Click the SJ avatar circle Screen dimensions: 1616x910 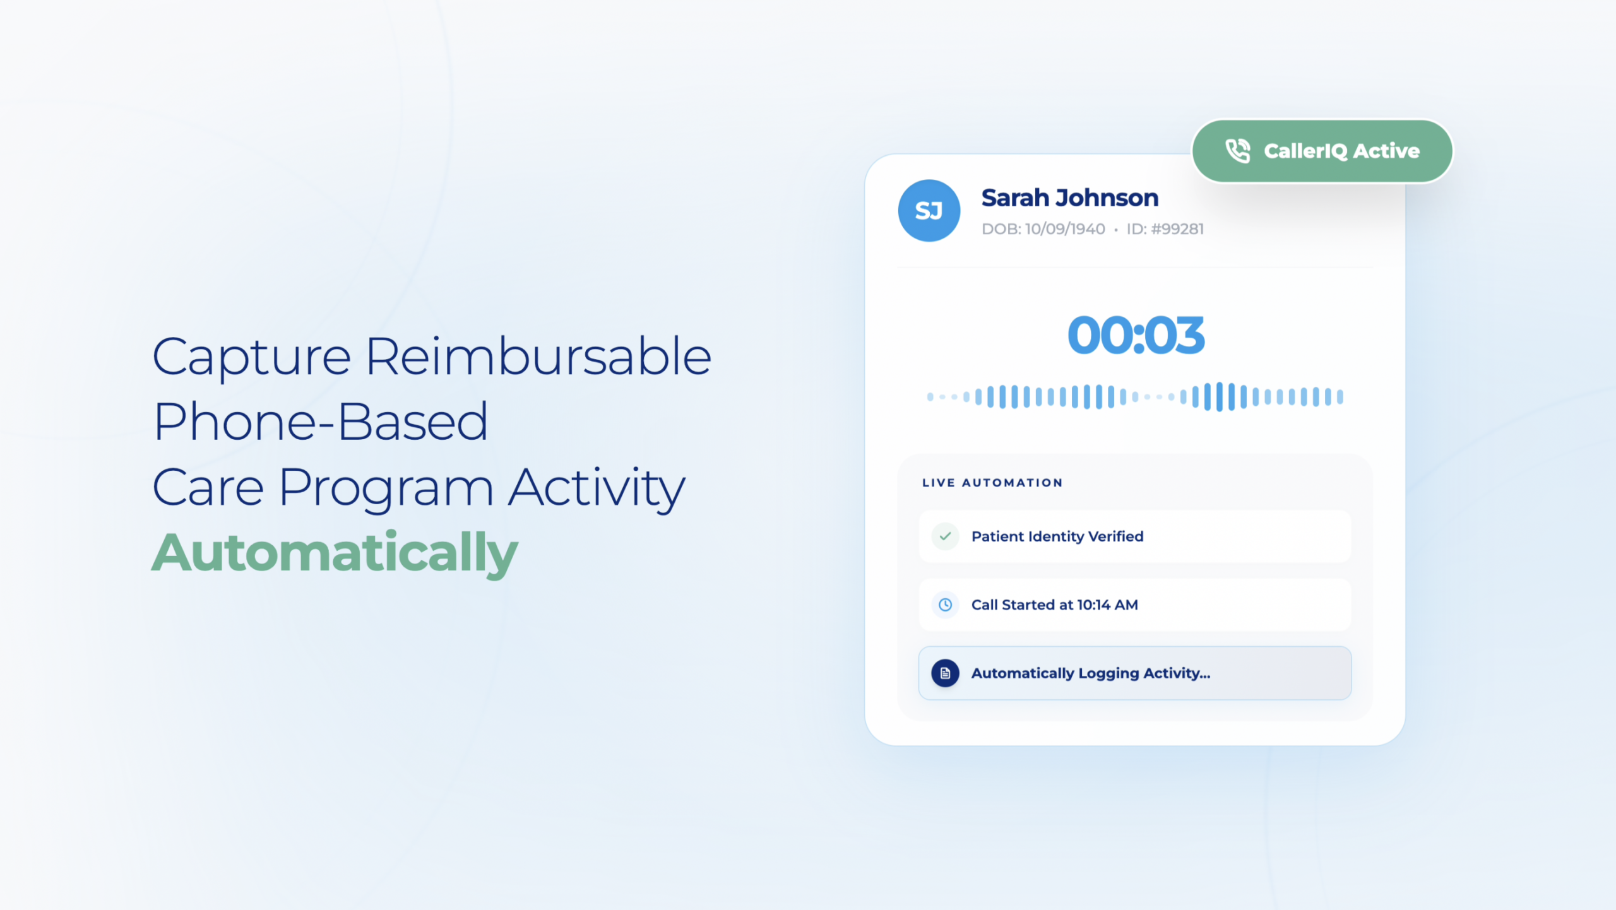pos(929,211)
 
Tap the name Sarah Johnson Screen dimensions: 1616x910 pos(1070,198)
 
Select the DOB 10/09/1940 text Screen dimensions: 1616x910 pos(1043,229)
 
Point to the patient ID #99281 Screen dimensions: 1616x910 pos(1165,229)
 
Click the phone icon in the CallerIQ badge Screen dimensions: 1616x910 pos(1237,151)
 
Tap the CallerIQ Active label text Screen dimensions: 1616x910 pos(1341,151)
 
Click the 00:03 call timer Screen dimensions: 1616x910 pos(1136,335)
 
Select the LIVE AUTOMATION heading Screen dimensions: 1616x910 pos(992,483)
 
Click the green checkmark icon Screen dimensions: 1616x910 pos(945,536)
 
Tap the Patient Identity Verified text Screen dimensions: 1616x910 pos(1057,536)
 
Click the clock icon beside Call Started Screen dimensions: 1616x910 pos(945,605)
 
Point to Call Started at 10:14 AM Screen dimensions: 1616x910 pos(1054,605)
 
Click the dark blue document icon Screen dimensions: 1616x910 pos(945,673)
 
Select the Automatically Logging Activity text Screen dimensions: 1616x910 pos(1091,673)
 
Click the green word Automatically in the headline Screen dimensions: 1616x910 pos(335,553)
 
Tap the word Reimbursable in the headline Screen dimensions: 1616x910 pos(538,357)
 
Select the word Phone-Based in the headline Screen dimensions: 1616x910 pos(321,421)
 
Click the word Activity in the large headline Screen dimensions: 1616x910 pos(597,488)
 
